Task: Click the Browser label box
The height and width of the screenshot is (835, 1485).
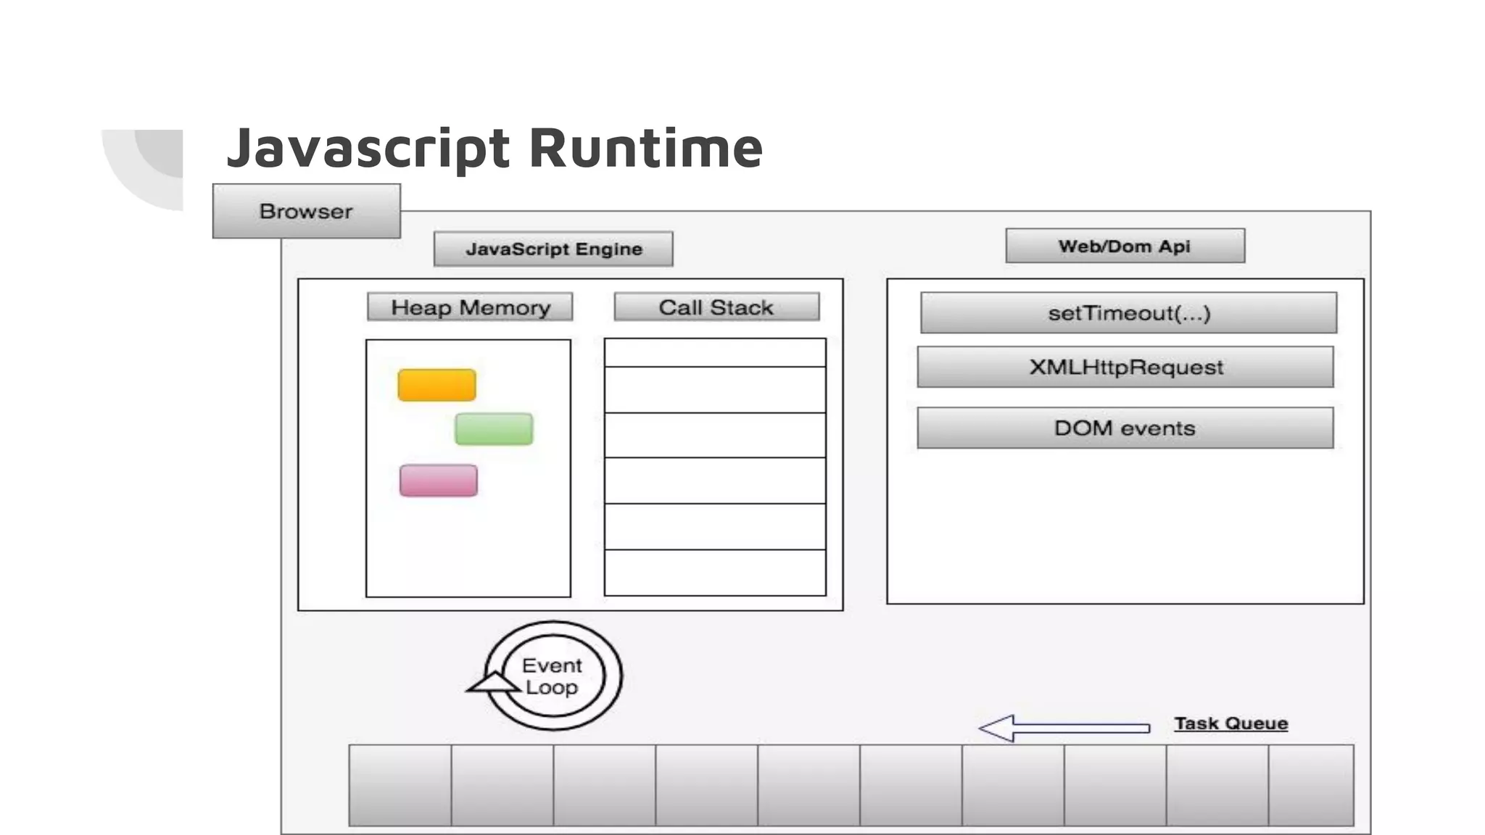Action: tap(306, 211)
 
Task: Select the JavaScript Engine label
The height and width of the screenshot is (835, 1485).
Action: tap(553, 249)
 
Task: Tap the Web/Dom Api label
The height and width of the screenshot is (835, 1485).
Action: tap(1125, 246)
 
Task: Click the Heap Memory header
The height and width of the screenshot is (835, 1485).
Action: tap(470, 307)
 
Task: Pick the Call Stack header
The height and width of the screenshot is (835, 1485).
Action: tap(716, 307)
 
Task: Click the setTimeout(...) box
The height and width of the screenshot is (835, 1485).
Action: tap(1128, 312)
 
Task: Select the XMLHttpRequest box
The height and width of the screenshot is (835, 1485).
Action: tap(1125, 367)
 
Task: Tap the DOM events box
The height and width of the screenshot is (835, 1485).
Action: tap(1125, 428)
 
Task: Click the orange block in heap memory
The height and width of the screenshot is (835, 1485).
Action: tap(437, 385)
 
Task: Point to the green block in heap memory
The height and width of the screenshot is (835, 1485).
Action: tap(494, 429)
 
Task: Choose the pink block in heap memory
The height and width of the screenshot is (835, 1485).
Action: tap(439, 481)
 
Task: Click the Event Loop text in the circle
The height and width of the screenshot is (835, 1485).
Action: tap(552, 676)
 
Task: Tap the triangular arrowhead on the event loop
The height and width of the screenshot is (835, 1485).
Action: tap(493, 683)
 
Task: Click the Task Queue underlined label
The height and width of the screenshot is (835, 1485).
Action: tap(1230, 723)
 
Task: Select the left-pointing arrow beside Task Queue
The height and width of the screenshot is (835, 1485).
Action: tap(1063, 728)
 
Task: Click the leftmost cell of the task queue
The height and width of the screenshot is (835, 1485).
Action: tap(400, 785)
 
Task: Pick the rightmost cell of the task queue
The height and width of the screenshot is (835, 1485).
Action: tap(1311, 785)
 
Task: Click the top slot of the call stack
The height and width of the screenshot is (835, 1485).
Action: tap(715, 353)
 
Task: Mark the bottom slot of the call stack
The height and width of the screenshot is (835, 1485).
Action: tap(715, 573)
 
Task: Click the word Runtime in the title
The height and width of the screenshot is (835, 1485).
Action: tap(645, 148)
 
